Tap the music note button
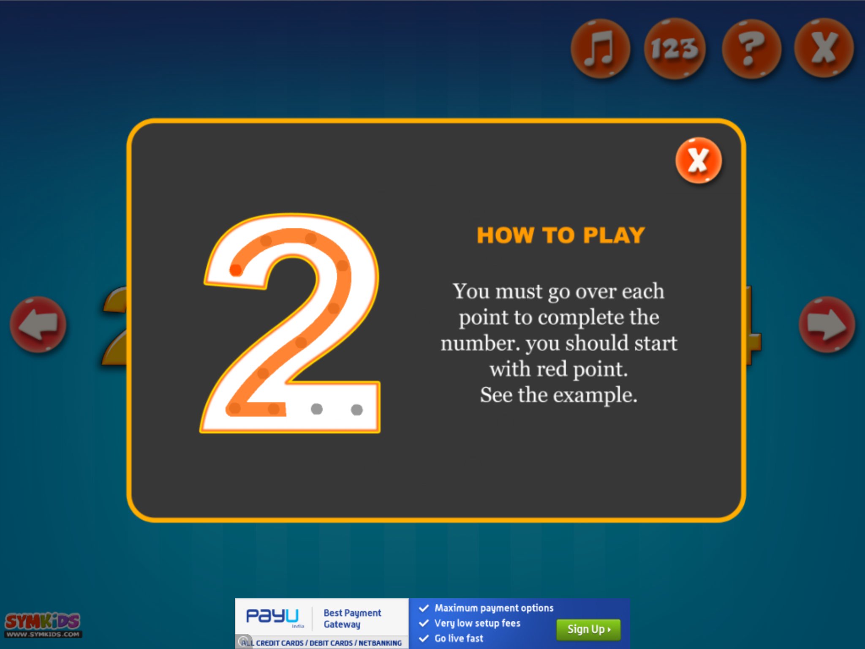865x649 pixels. tap(600, 48)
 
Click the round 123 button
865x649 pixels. tap(675, 48)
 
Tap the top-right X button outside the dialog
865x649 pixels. tap(824, 48)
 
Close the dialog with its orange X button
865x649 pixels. tap(699, 160)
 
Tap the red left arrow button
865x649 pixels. tap(38, 324)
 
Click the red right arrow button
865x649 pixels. tap(827, 324)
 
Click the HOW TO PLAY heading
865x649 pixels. tap(560, 235)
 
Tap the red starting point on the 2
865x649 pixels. tap(236, 270)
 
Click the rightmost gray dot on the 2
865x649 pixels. tap(357, 409)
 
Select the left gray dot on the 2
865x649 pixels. tap(316, 409)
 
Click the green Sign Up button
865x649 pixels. tap(588, 630)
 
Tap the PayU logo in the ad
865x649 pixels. tap(272, 616)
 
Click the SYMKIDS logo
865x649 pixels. tap(43, 624)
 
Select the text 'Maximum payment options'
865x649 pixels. tap(494, 608)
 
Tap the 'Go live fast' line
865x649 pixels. tap(459, 638)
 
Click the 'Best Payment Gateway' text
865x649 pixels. tap(352, 619)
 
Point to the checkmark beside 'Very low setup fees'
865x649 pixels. tap(424, 623)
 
